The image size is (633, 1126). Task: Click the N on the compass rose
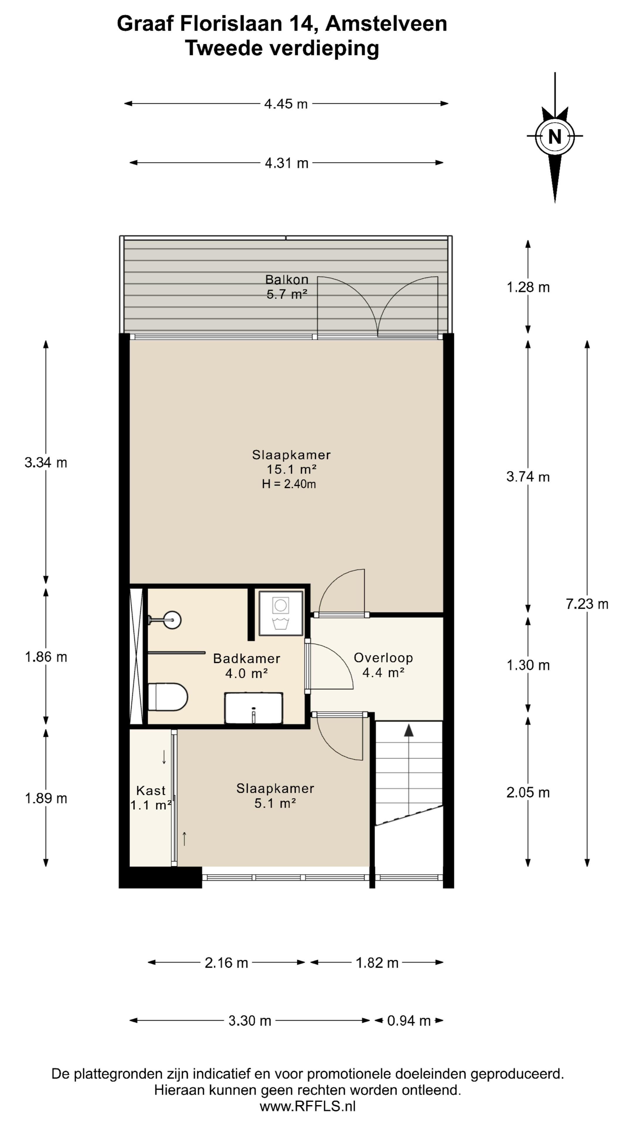(x=554, y=137)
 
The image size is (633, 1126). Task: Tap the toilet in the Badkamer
(x=168, y=697)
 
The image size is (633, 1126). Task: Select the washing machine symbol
(x=280, y=613)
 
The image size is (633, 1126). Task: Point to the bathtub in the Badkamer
(x=253, y=708)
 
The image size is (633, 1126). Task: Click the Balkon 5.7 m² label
(x=287, y=287)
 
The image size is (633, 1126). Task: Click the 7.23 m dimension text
(x=587, y=604)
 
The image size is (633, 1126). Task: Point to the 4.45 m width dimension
(x=286, y=104)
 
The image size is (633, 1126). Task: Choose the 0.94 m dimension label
(x=409, y=1021)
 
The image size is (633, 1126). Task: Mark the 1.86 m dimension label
(x=46, y=657)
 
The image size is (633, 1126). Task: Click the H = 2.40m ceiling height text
(x=289, y=484)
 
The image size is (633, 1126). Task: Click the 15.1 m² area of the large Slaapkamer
(x=291, y=469)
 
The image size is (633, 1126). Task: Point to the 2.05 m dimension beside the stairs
(x=528, y=793)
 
